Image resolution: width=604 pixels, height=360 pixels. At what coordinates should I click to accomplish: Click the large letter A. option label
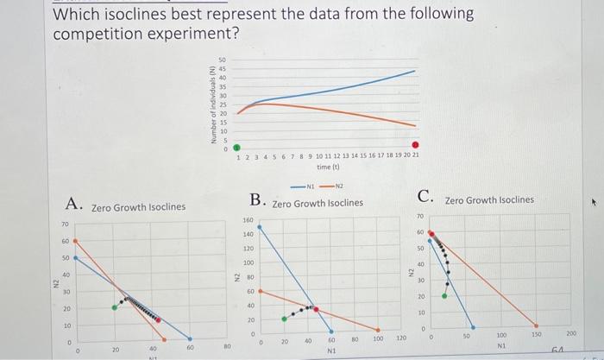click(74, 204)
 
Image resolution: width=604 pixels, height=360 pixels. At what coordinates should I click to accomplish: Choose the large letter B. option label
click(258, 200)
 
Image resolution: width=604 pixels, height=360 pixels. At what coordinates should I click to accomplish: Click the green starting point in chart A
click(114, 307)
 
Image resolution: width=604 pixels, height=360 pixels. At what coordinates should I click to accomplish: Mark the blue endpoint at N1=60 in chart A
click(190, 339)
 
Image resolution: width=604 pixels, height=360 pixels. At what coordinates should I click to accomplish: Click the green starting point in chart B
click(285, 319)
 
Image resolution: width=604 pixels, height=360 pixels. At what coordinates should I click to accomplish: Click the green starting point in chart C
click(445, 295)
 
